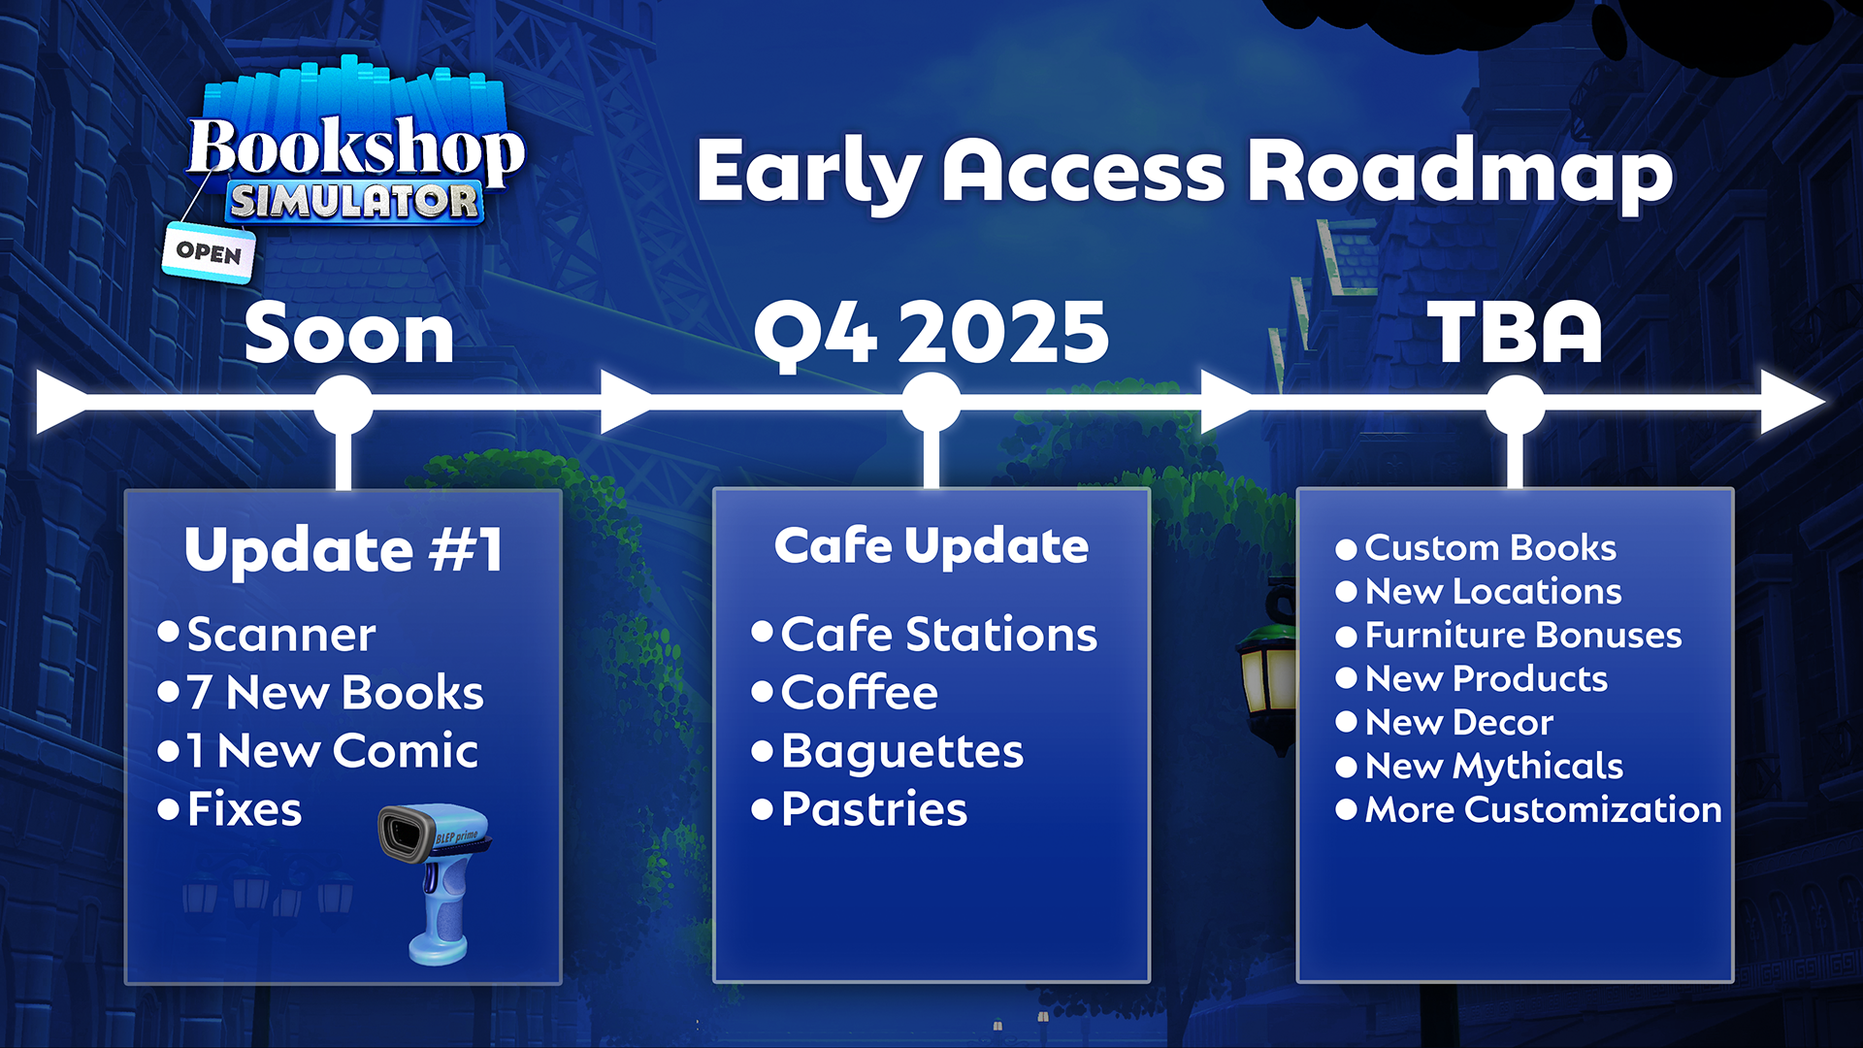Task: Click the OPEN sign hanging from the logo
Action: (209, 252)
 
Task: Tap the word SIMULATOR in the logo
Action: (354, 202)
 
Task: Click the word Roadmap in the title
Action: (1460, 173)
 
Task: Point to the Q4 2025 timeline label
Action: (931, 333)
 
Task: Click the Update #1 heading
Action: (343, 550)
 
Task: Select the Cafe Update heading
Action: (931, 545)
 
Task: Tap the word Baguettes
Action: (902, 752)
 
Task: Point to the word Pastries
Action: (874, 809)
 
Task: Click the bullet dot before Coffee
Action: (763, 692)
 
